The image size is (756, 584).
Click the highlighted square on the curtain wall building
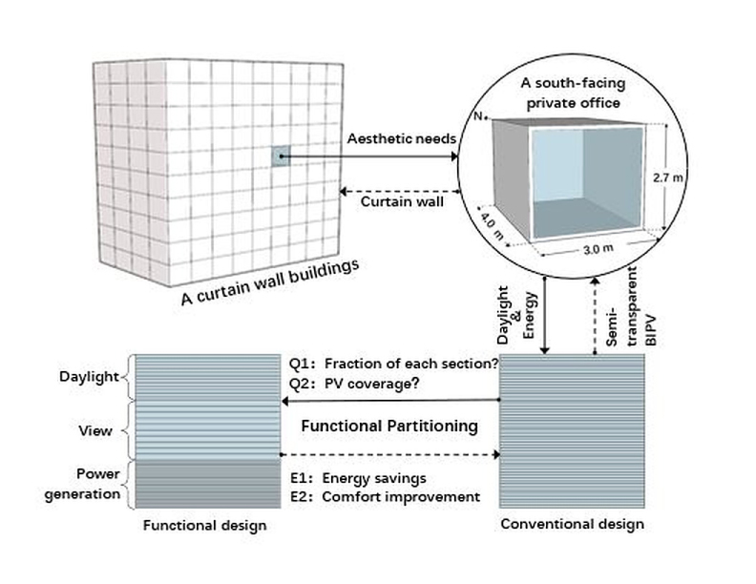coord(279,157)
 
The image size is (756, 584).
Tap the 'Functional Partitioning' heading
coord(389,427)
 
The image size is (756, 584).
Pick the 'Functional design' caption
coord(204,526)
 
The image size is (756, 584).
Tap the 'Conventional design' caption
coord(573,524)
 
